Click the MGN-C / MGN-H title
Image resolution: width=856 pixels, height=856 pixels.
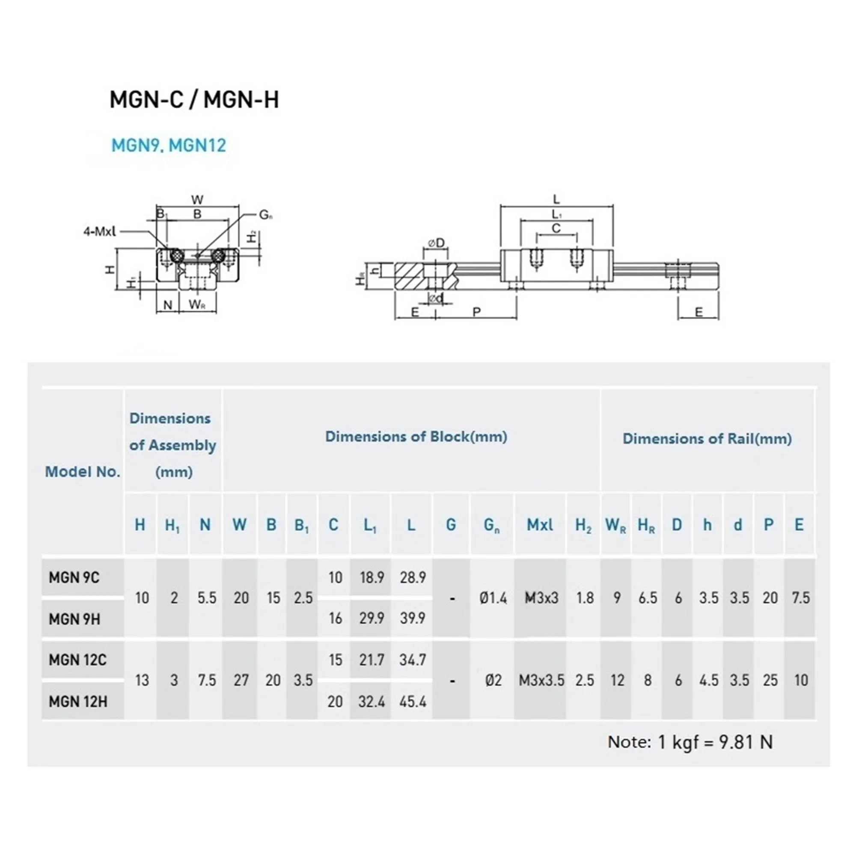(194, 99)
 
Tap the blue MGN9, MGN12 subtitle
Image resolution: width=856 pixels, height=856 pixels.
(168, 146)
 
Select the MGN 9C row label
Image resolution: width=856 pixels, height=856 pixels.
(74, 577)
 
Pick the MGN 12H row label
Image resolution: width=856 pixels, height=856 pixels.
(77, 701)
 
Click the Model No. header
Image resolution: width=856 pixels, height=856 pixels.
(83, 471)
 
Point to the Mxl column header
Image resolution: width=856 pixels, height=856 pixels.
(540, 525)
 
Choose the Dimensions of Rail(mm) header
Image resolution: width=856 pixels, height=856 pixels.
(707, 439)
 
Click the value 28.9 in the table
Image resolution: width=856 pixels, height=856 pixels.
(413, 577)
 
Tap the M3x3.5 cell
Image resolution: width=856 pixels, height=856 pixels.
(541, 680)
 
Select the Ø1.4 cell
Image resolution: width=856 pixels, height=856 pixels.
(493, 598)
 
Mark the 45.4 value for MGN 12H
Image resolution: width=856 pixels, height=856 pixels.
(413, 701)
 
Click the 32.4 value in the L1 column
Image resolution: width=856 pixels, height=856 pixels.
(371, 701)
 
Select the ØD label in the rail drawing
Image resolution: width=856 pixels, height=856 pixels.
(436, 243)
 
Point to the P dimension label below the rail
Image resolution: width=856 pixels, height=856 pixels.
(476, 312)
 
